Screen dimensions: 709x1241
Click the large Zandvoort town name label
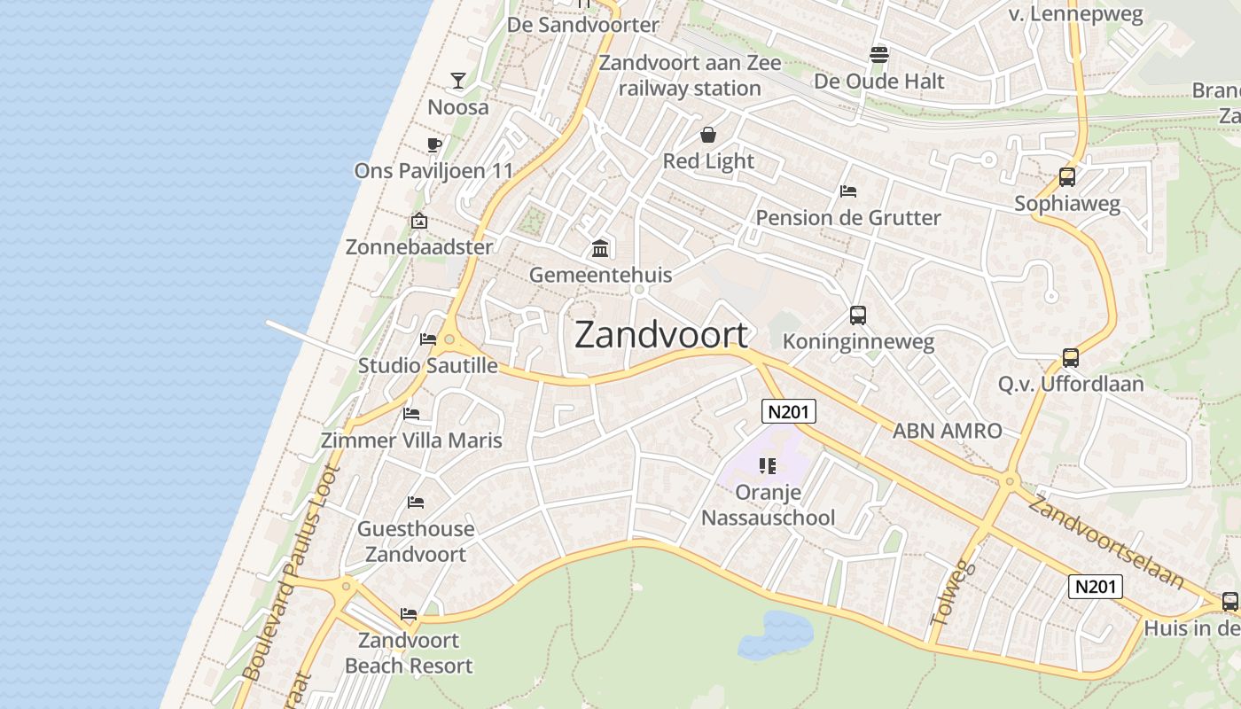point(661,335)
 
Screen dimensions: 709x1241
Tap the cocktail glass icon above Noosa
point(458,81)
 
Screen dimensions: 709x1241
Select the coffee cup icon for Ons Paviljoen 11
point(433,144)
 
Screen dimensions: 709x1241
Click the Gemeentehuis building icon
point(600,248)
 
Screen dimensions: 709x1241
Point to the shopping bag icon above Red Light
point(708,135)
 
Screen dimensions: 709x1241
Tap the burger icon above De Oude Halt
point(879,55)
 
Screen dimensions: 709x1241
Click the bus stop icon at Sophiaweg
point(1067,177)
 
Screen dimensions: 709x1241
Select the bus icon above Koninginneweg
point(857,316)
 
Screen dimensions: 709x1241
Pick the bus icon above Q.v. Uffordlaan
point(1071,358)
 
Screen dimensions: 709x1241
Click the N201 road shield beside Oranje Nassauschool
point(789,411)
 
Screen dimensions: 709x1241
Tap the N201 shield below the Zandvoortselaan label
point(1096,586)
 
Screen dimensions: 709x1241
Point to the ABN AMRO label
point(947,431)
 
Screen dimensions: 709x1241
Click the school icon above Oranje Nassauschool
point(768,465)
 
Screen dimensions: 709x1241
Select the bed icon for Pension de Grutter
point(848,191)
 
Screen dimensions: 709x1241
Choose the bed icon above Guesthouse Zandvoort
point(416,503)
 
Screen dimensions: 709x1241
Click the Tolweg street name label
point(953,593)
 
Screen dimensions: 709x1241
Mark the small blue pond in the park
point(775,635)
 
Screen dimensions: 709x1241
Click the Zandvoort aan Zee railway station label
point(690,75)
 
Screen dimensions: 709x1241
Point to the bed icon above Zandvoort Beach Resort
point(409,613)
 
